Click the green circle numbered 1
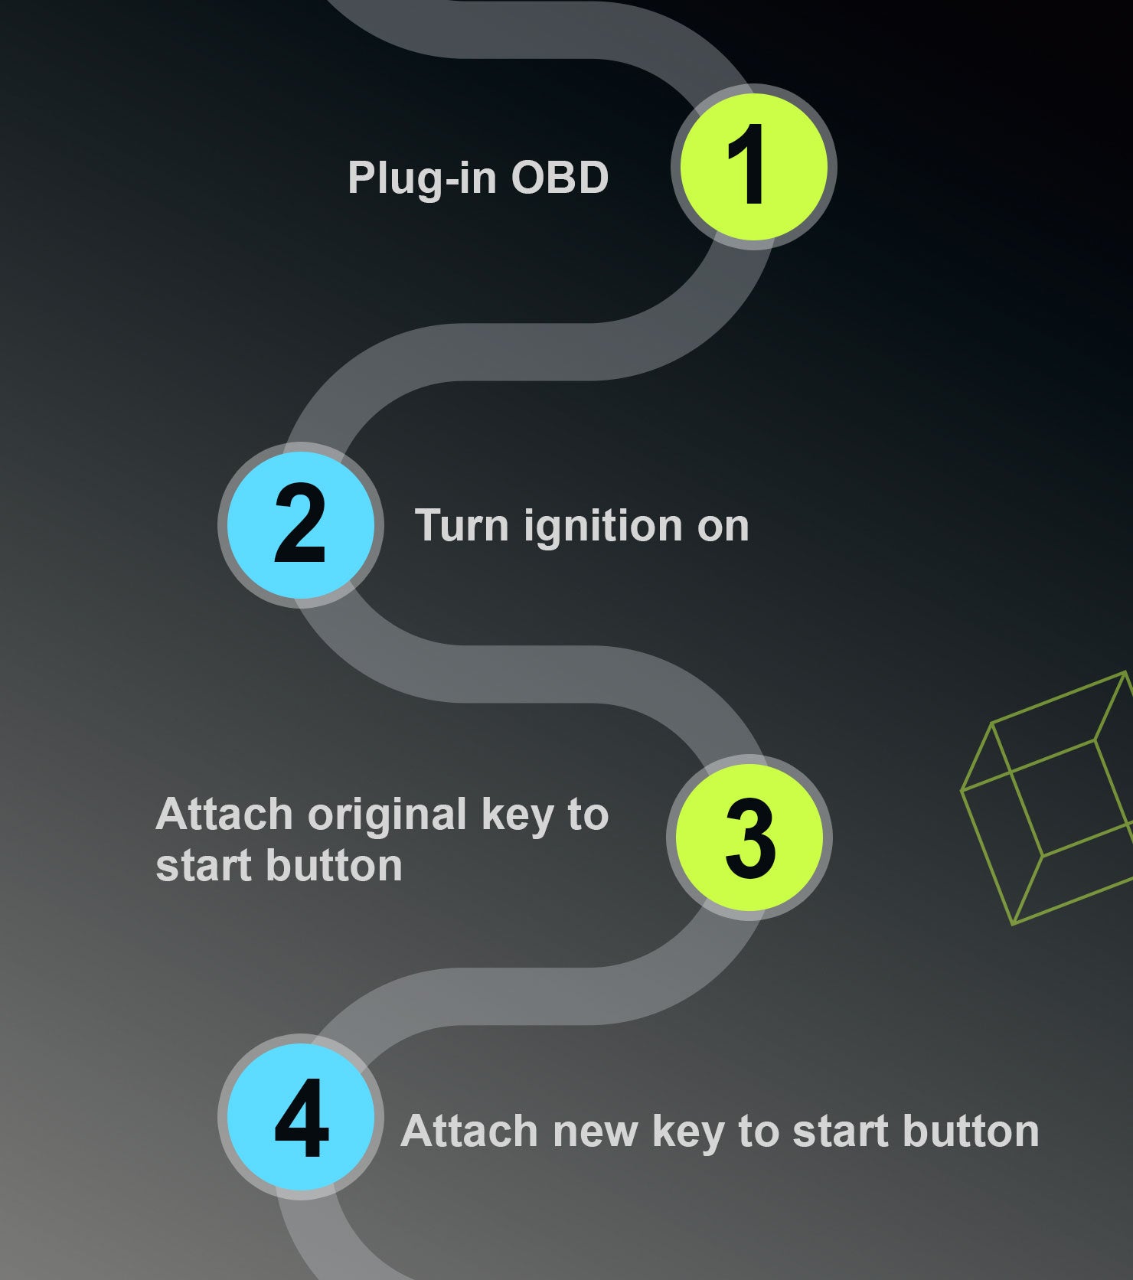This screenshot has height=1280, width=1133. (x=753, y=167)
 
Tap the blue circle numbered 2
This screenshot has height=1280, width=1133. (x=301, y=525)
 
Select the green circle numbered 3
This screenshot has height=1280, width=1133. (x=749, y=837)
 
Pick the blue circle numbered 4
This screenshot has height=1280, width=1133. (x=301, y=1117)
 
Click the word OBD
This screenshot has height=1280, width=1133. (x=560, y=178)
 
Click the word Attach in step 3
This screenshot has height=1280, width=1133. (x=225, y=814)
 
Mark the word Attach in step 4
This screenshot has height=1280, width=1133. (x=471, y=1131)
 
